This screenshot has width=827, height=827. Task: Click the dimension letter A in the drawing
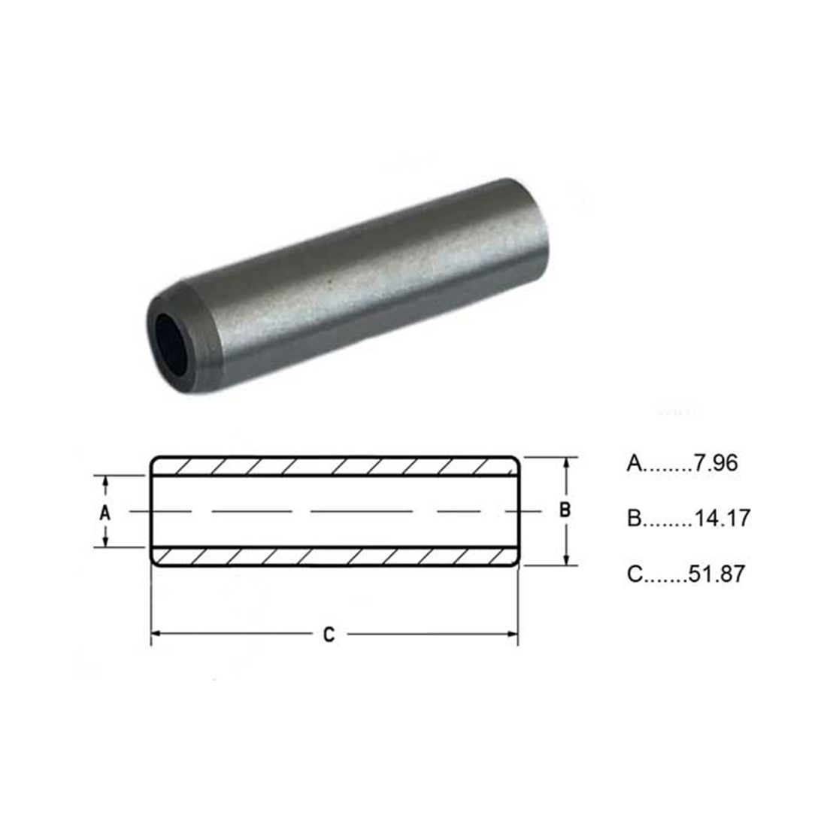click(x=105, y=513)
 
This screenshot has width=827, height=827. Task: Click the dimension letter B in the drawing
click(x=565, y=510)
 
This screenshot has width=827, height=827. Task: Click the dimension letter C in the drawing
click(x=329, y=635)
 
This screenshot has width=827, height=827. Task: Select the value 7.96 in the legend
click(x=715, y=463)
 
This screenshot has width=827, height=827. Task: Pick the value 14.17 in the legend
click(x=722, y=519)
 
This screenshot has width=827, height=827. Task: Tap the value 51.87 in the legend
click(x=716, y=574)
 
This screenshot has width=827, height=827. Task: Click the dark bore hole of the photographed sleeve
click(x=172, y=344)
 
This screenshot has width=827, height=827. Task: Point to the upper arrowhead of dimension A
click(x=105, y=480)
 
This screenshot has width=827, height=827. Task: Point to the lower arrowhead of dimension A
click(x=105, y=542)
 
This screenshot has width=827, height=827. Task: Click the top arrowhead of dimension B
click(x=566, y=463)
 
